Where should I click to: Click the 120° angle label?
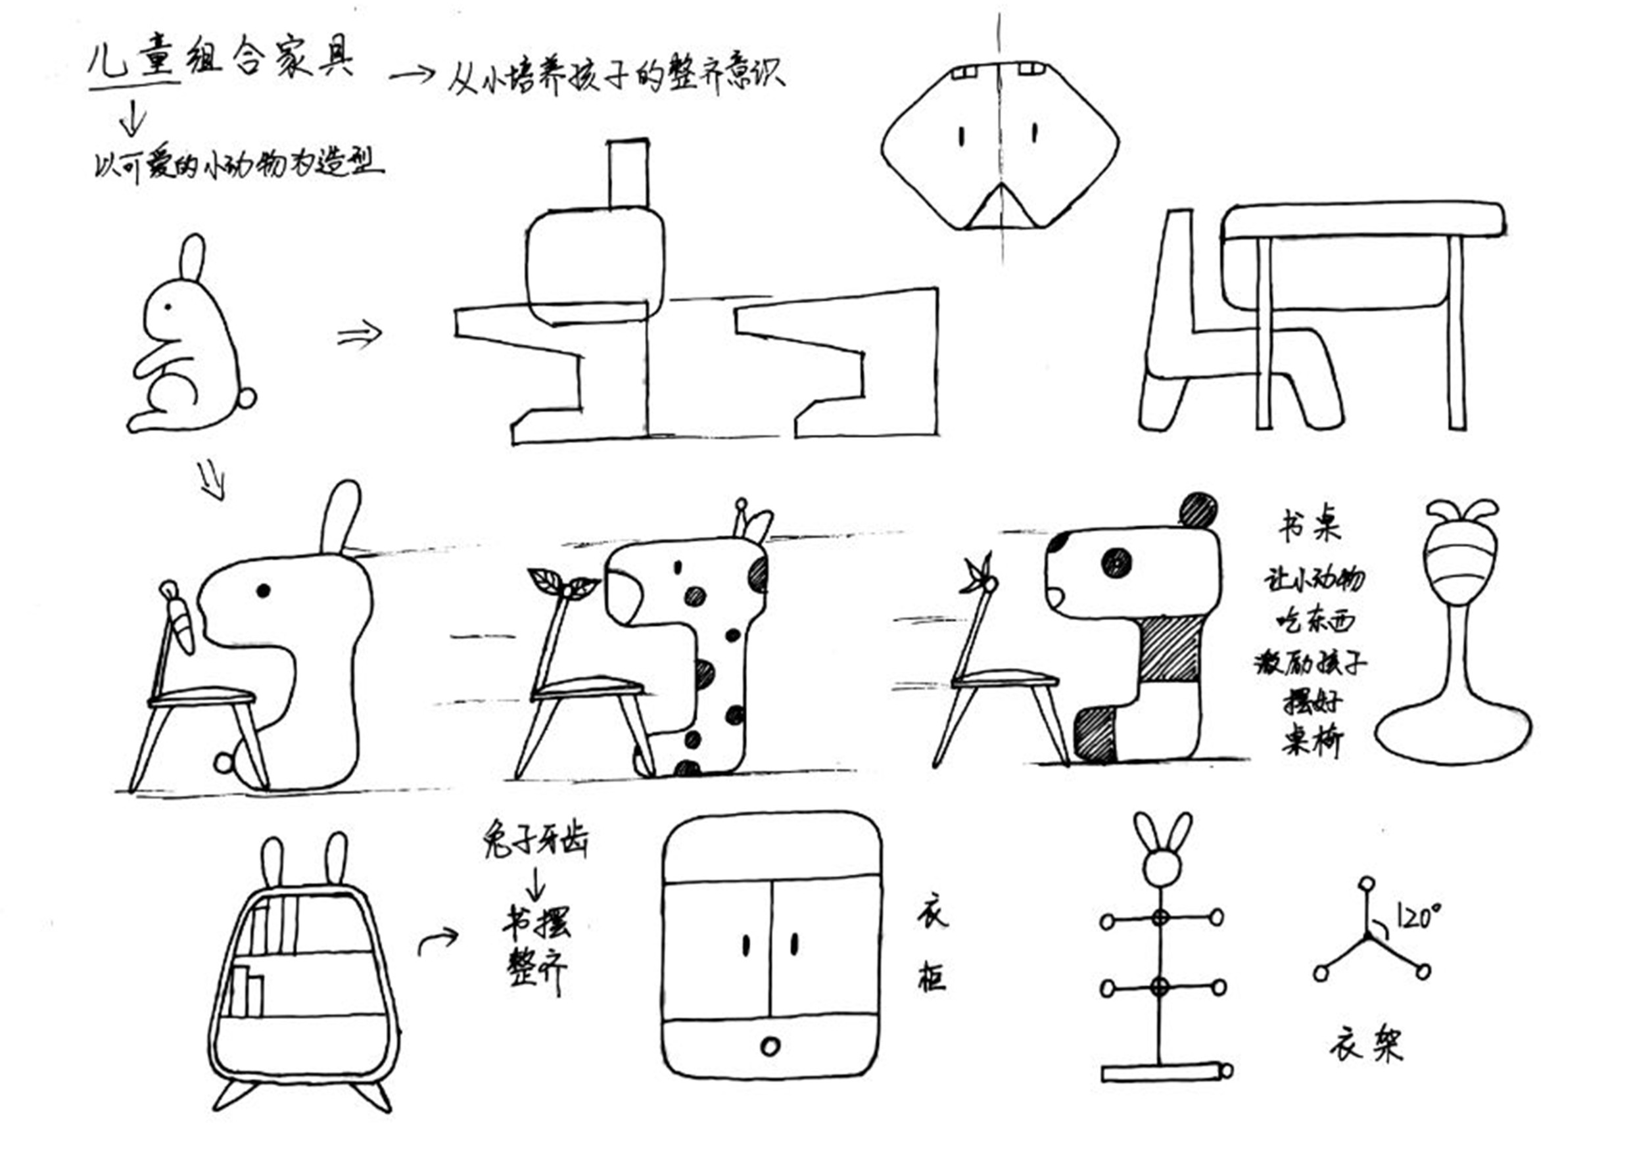click(1418, 916)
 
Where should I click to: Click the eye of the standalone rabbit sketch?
click(168, 307)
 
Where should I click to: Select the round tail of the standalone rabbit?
click(247, 398)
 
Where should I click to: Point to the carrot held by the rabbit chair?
click(183, 625)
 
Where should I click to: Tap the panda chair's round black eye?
click(1116, 563)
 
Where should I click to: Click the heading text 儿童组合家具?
click(220, 60)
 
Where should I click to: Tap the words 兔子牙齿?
click(534, 840)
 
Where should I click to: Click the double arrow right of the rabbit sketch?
click(360, 333)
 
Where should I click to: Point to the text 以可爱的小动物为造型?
click(238, 166)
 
